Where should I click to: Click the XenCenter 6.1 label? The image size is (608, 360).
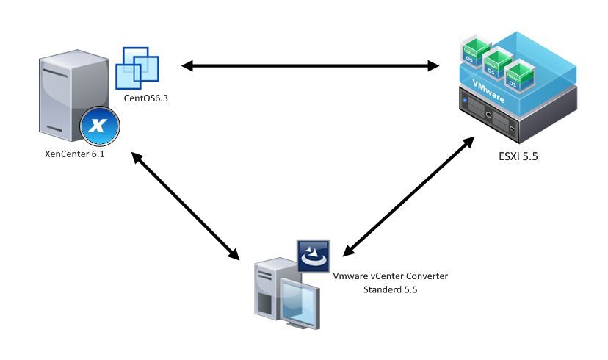[74, 155]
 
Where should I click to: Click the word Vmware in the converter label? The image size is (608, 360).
[352, 276]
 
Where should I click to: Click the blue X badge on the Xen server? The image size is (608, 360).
[98, 125]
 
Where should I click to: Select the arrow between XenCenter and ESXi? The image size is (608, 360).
[309, 66]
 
